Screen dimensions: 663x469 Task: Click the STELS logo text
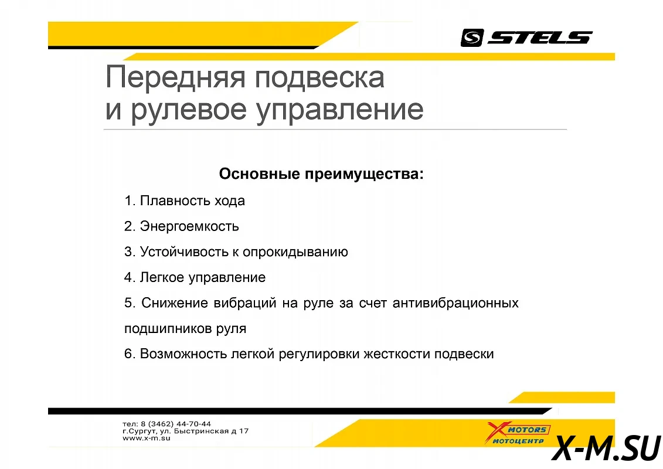point(540,38)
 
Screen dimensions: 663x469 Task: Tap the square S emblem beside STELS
point(472,38)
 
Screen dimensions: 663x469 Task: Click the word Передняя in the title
point(175,78)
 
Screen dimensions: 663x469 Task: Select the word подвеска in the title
point(319,78)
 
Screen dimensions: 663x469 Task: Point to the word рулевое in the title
point(189,110)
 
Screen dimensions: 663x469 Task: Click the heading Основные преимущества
point(321,174)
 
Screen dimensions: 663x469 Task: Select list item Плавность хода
point(184,200)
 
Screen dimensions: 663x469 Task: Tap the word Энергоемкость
point(189,226)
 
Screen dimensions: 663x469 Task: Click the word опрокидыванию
point(295,253)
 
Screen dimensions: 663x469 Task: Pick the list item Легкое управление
point(195,277)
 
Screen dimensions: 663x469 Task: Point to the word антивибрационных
point(455,303)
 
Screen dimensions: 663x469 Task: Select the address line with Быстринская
point(186,431)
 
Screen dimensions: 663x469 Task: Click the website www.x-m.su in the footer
point(147,438)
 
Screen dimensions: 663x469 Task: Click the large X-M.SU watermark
point(606,448)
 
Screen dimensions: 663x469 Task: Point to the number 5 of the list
point(128,303)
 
